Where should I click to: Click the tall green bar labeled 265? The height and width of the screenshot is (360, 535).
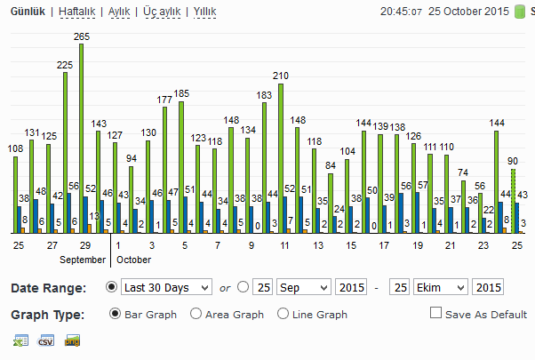pos(81,139)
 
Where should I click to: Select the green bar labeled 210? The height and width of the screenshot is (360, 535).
pos(281,159)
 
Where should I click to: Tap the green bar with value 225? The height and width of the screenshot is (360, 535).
pos(65,153)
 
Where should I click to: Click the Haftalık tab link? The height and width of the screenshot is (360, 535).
pos(76,12)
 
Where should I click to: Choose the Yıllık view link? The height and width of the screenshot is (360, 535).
pos(204,12)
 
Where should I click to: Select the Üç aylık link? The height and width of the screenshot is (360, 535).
pos(162,12)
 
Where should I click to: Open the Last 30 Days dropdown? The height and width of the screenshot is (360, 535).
pos(166,287)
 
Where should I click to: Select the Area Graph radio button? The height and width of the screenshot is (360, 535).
pos(196,314)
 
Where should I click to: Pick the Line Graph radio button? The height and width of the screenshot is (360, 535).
pos(283,314)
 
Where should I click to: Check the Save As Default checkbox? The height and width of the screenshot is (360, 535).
pos(435,313)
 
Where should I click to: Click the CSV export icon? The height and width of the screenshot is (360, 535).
pos(46,340)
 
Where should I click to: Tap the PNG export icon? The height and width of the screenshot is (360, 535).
pos(72,340)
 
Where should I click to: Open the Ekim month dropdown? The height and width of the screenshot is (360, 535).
pos(440,287)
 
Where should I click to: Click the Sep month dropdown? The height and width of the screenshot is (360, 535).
pos(304,287)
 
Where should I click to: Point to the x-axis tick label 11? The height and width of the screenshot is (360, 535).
pos(284,245)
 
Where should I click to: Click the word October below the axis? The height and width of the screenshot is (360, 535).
pos(133,260)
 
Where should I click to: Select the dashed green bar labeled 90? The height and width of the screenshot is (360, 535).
pos(513,201)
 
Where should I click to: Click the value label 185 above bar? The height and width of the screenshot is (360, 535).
pos(181,93)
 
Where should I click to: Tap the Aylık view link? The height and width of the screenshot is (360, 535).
pos(119,12)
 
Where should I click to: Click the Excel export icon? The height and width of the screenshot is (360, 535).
pos(20,340)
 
